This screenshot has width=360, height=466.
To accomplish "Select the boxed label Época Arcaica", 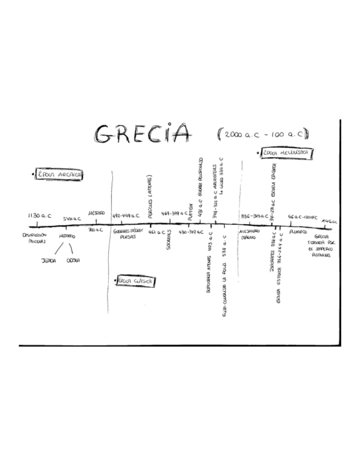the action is pyautogui.click(x=59, y=175).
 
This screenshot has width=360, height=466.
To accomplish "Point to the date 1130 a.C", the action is pyautogui.click(x=40, y=216).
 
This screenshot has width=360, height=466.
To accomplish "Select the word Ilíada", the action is pyautogui.click(x=49, y=260).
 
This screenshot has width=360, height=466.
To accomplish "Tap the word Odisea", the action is pyautogui.click(x=74, y=260).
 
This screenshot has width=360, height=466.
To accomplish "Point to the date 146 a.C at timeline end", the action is pyautogui.click(x=330, y=221).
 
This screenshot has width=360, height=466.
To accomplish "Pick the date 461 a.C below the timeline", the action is pyautogui.click(x=157, y=232).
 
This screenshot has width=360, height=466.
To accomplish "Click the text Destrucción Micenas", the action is pyautogui.click(x=35, y=237).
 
